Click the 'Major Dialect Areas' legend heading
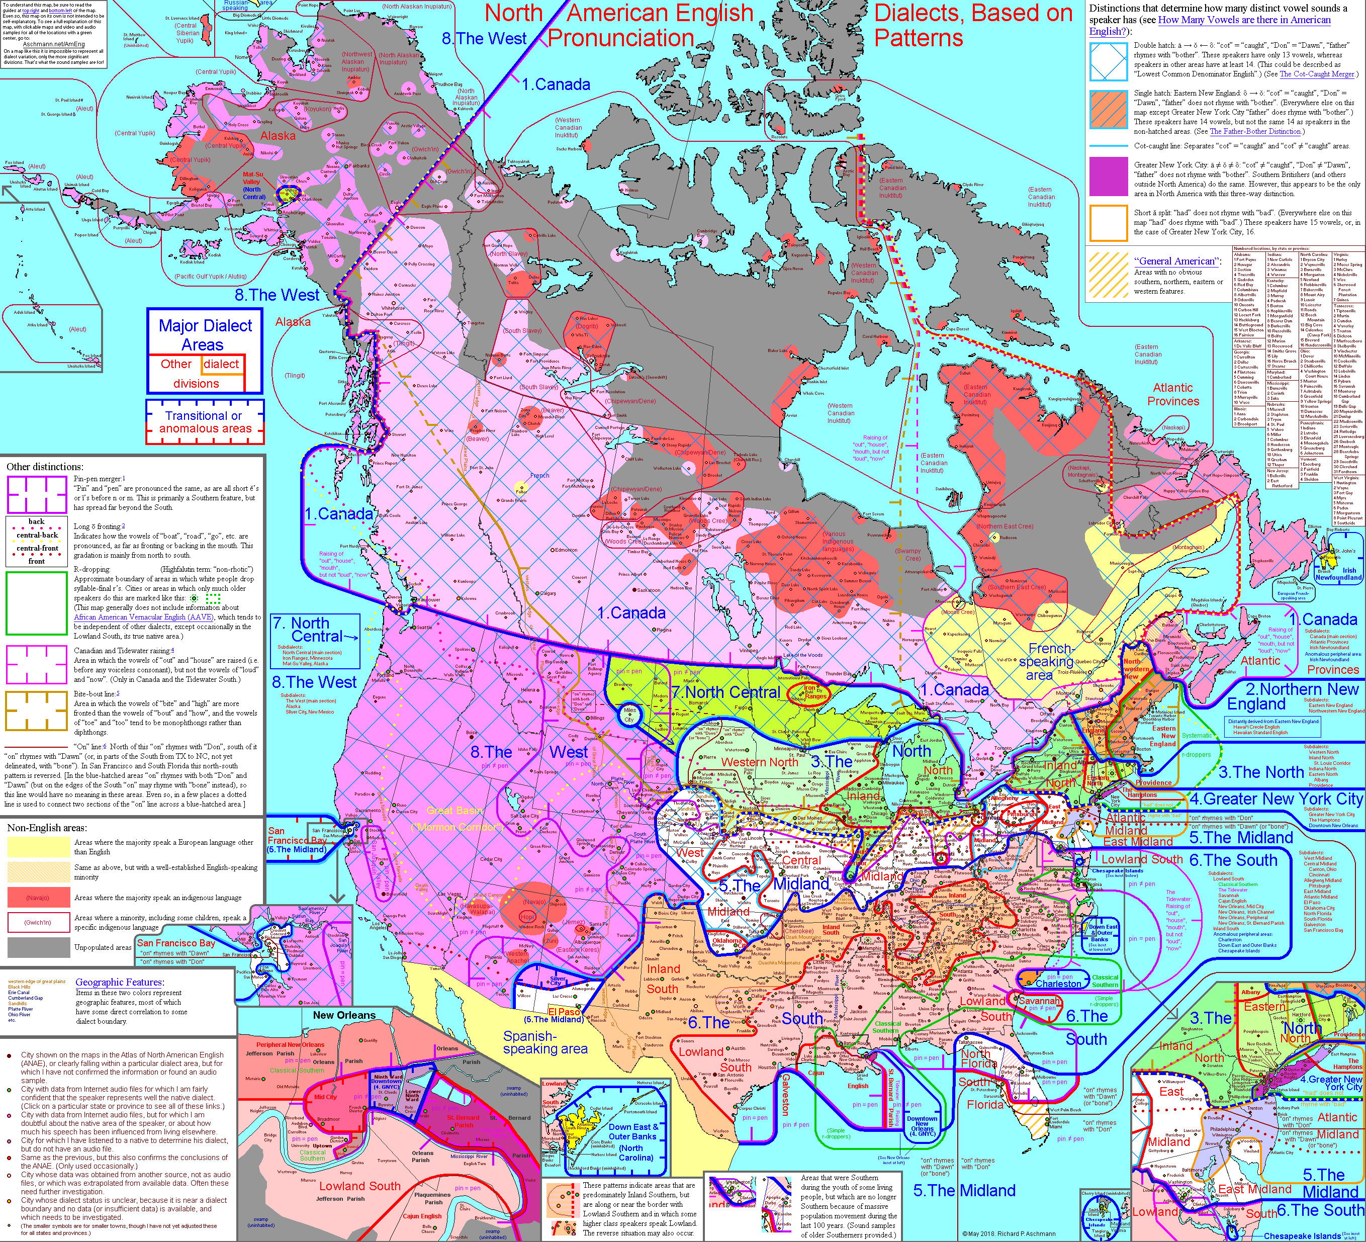pyautogui.click(x=205, y=335)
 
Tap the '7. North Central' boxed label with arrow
pyautogui.click(x=316, y=630)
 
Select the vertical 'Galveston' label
pyautogui.click(x=786, y=1094)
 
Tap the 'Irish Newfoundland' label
pyautogui.click(x=1338, y=574)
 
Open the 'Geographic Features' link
pyautogui.click(x=119, y=982)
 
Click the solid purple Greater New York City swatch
pyautogui.click(x=1109, y=175)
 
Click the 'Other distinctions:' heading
pyautogui.click(x=45, y=466)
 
